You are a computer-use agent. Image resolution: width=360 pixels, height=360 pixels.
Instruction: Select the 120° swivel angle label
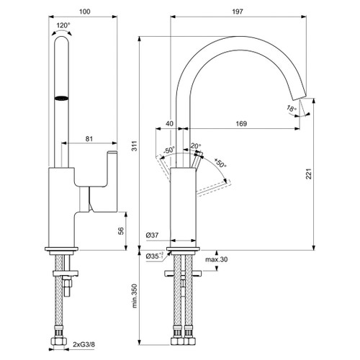tap(64, 24)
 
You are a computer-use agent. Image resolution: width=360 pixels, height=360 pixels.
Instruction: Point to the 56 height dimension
tap(122, 232)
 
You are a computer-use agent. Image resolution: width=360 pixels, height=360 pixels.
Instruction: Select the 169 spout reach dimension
tap(241, 124)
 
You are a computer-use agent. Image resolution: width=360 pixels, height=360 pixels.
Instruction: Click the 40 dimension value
tap(170, 124)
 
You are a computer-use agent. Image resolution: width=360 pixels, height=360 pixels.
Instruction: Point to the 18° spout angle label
tap(291, 109)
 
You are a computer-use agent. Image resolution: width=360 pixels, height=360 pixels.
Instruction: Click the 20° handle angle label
tap(194, 146)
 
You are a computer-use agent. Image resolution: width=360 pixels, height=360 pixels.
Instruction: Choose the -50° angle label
tap(170, 150)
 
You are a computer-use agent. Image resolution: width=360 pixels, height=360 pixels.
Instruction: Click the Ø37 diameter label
tap(152, 235)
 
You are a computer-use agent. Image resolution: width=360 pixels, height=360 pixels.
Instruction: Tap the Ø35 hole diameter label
tap(153, 256)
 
